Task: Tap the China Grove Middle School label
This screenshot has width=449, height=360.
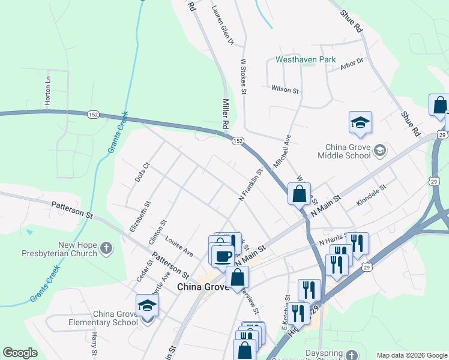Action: [x=348, y=151]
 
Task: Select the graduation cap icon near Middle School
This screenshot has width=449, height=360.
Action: [x=360, y=123]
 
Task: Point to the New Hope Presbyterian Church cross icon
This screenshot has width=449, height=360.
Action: [x=106, y=248]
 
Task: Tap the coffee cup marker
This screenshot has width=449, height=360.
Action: [x=223, y=256]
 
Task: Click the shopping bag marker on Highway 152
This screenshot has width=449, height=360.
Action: [x=299, y=195]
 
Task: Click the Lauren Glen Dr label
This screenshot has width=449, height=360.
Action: [x=222, y=27]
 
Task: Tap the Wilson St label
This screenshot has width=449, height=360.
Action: [x=285, y=89]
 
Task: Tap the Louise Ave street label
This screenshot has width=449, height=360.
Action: [x=179, y=244]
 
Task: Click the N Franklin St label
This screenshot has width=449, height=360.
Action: [x=252, y=184]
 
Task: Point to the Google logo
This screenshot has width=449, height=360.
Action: [x=20, y=353]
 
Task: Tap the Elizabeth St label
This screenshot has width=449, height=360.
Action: [x=139, y=217]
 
